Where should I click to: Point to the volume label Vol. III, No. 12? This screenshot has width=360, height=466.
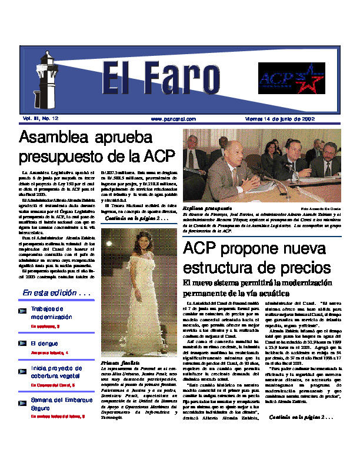point(41,118)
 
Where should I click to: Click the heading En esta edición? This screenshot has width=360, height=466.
point(56,292)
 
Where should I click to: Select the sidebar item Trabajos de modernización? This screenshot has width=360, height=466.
point(47,312)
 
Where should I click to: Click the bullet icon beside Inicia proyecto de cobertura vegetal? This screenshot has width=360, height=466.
point(23,370)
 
